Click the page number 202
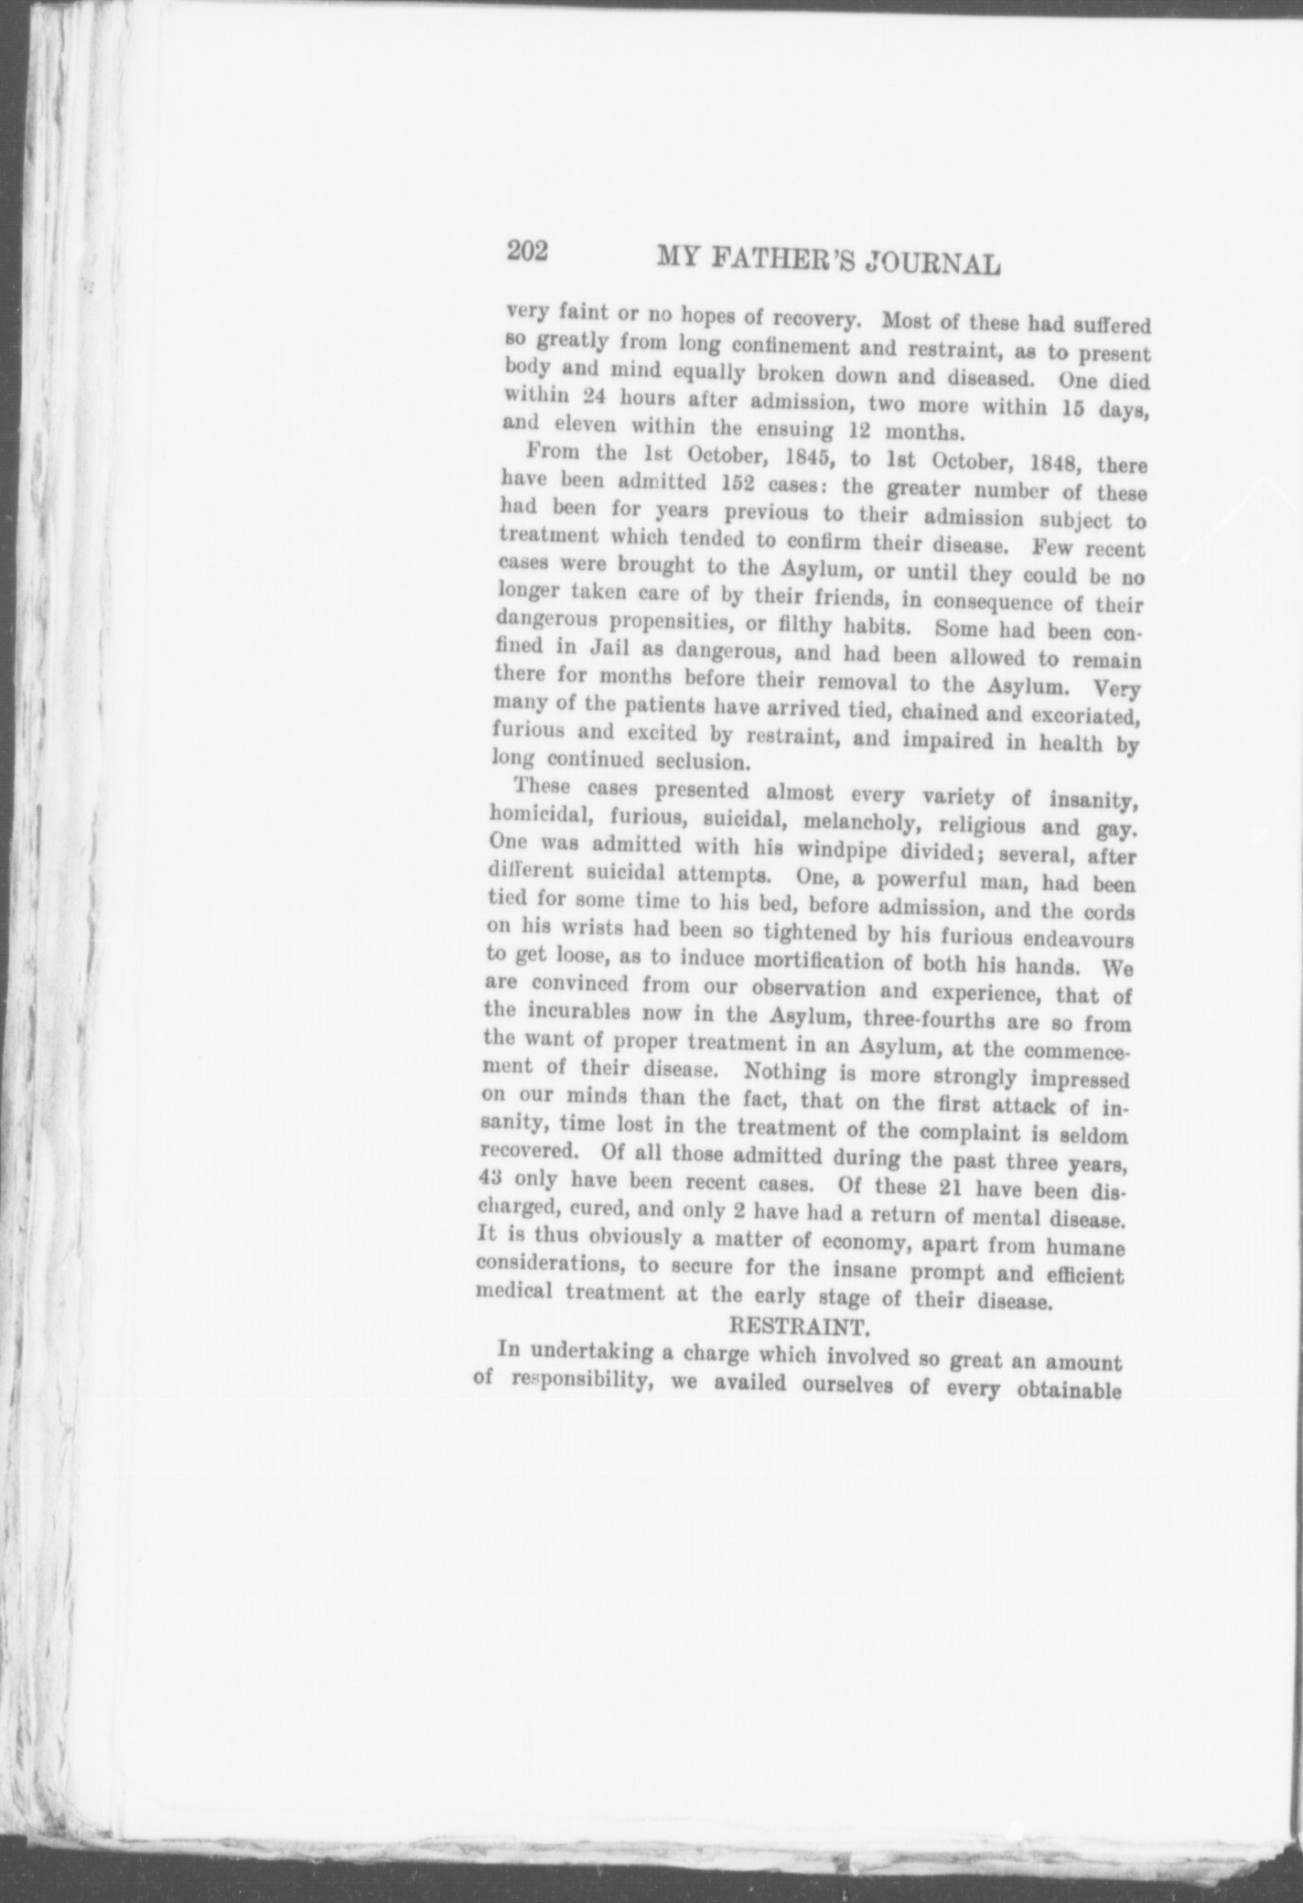[527, 252]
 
